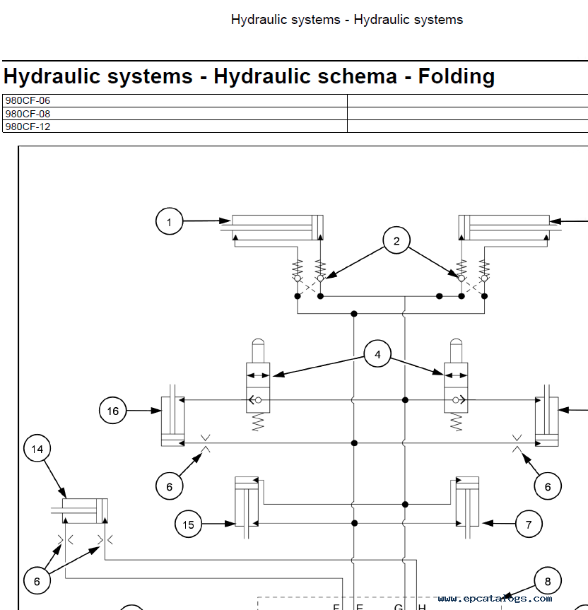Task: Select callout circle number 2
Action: (x=396, y=241)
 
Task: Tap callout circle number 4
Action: (x=377, y=354)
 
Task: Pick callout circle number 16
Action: (x=113, y=411)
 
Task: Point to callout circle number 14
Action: (x=37, y=449)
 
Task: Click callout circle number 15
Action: (x=189, y=524)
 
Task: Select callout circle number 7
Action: (x=528, y=524)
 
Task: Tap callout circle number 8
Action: (x=548, y=582)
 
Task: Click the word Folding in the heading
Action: (x=457, y=76)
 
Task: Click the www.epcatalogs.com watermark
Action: (x=495, y=599)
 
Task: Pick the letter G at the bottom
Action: (x=399, y=606)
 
